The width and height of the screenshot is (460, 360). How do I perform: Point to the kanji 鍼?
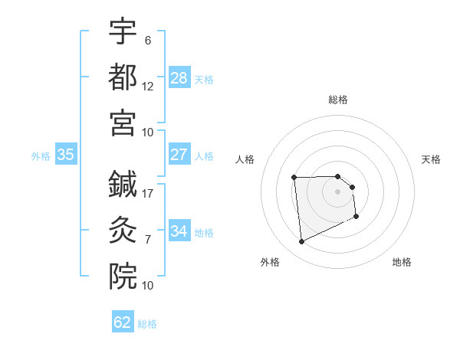[x=123, y=184]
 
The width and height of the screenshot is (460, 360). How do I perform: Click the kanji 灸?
[x=123, y=228]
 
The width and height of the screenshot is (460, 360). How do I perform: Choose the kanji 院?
[x=123, y=274]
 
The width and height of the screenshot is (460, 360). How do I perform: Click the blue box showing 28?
[x=179, y=77]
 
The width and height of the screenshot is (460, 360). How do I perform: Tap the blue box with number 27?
[x=179, y=155]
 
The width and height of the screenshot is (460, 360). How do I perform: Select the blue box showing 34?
[x=179, y=231]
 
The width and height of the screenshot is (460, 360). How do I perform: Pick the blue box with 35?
[x=65, y=155]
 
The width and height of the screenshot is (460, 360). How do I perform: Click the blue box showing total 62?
[x=123, y=322]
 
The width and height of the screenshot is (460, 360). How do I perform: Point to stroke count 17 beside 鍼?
[x=148, y=194]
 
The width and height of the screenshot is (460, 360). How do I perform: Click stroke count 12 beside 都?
[x=148, y=86]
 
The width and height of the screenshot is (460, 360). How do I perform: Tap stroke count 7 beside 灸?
[x=148, y=239]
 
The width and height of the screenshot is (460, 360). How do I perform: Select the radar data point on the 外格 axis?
[x=301, y=242]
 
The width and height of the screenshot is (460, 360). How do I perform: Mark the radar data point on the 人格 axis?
[x=294, y=178]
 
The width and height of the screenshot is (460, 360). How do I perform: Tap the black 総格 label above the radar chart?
[x=337, y=100]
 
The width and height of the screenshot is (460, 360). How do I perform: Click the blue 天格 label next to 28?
[x=204, y=80]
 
